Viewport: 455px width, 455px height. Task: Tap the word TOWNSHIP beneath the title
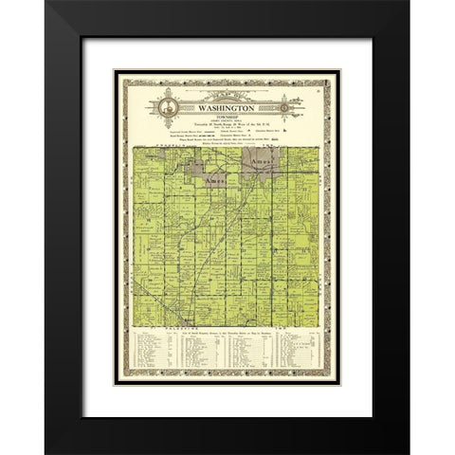pyautogui.click(x=227, y=106)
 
